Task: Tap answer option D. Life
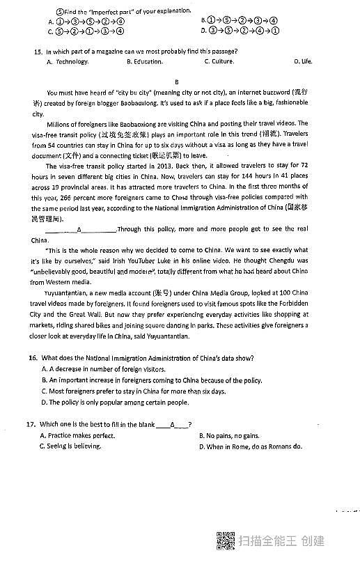click(303, 62)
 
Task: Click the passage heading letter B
click(177, 81)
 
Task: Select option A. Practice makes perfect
click(78, 435)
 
